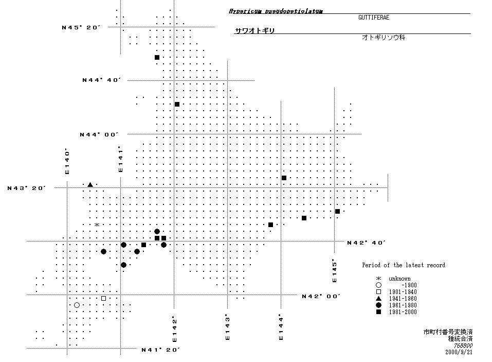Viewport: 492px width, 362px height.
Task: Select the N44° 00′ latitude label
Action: coord(99,135)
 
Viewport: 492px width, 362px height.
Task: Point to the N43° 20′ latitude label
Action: coord(27,188)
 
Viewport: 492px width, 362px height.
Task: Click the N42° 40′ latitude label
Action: coord(367,243)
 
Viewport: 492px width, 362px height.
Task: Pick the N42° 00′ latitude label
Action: coord(321,296)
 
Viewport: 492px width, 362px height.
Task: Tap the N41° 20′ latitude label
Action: coord(160,350)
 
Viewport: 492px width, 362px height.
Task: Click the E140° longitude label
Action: coord(67,162)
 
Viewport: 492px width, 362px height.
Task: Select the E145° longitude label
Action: coord(334,271)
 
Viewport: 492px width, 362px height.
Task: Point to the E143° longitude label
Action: coord(227,329)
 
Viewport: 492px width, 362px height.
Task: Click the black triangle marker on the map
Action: coord(90,185)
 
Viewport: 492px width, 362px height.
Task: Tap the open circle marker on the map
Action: coord(77,305)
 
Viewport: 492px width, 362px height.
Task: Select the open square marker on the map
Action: coord(103,298)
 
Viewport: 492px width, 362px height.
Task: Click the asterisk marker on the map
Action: coord(97,225)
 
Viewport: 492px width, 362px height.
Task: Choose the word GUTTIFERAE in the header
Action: coord(374,18)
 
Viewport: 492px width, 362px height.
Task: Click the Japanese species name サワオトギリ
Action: coord(254,31)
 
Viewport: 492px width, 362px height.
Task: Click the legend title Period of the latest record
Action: coord(403,265)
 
